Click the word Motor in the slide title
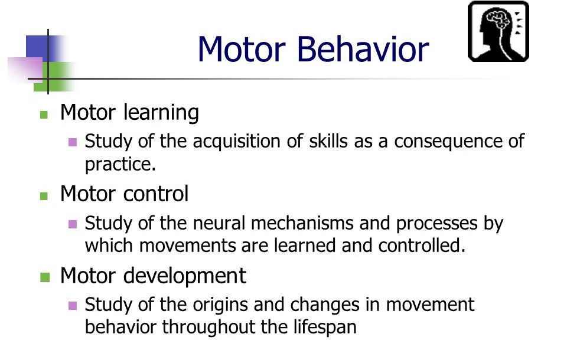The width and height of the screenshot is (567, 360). [242, 49]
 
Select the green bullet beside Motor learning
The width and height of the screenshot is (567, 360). [44, 115]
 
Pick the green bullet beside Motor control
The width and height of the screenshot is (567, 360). [44, 196]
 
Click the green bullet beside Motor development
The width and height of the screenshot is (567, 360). [45, 277]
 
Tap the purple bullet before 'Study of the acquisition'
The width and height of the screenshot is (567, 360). [73, 142]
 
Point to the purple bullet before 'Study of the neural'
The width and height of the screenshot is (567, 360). [73, 224]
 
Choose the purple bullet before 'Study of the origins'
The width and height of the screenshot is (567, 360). [73, 306]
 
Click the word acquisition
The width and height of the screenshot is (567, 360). [236, 141]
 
